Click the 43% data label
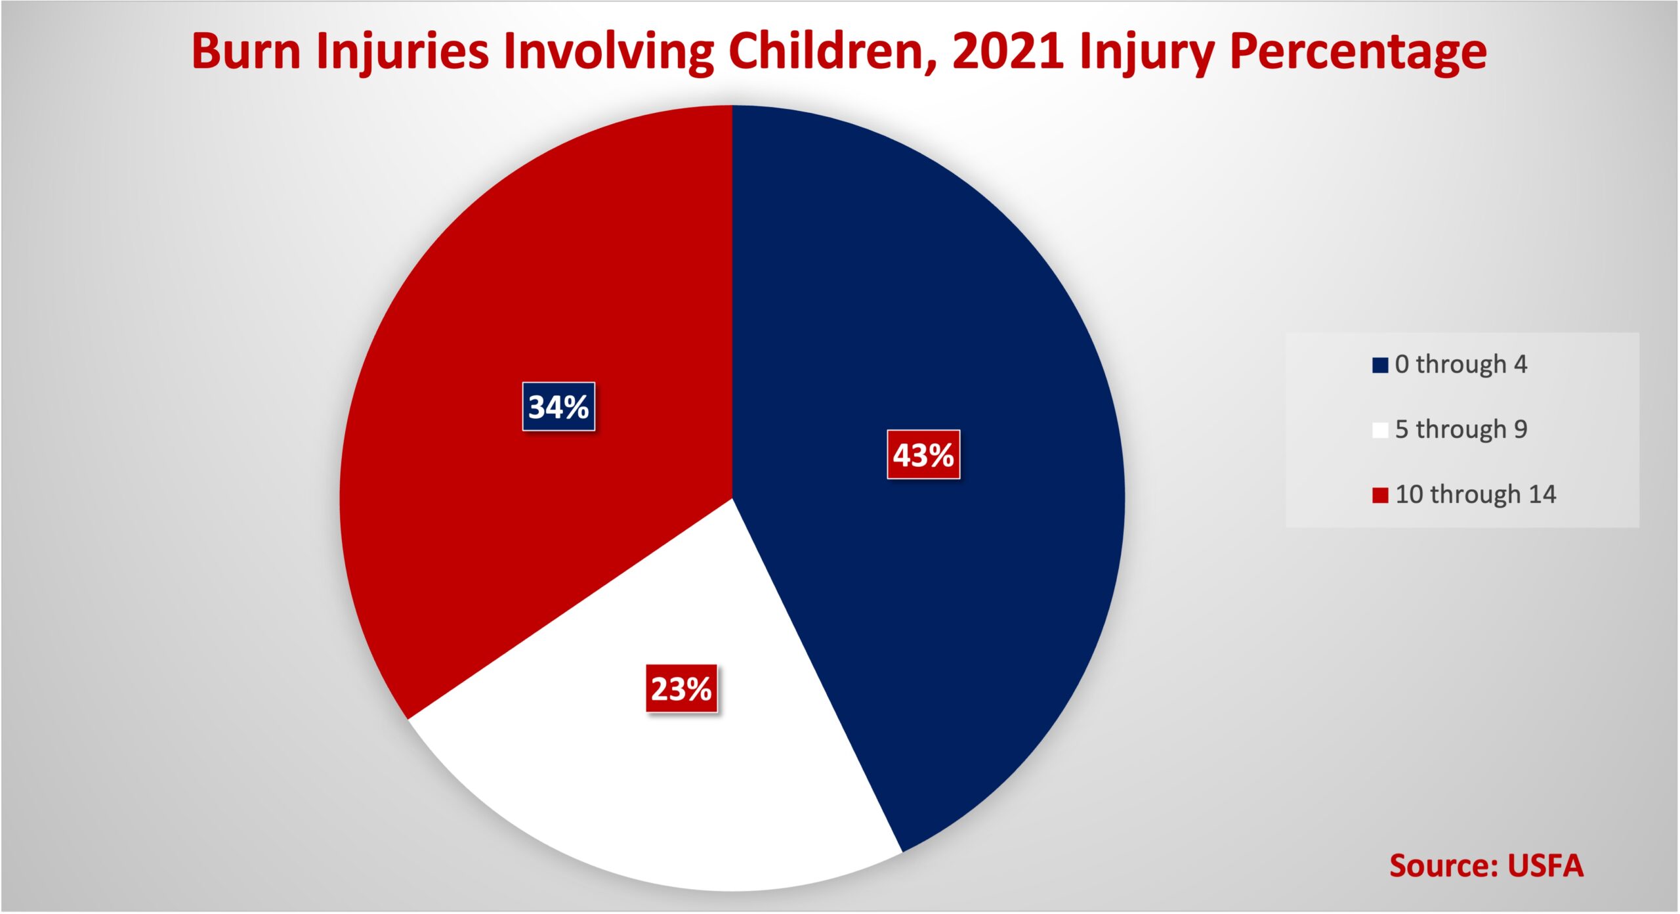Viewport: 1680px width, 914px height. click(923, 454)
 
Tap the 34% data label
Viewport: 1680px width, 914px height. click(558, 406)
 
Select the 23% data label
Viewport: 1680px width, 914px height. click(681, 689)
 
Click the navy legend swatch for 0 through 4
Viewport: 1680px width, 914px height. click(1380, 365)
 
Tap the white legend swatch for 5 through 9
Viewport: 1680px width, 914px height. click(1380, 430)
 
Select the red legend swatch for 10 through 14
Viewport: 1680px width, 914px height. click(1380, 495)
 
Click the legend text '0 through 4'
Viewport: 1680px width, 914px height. click(1461, 364)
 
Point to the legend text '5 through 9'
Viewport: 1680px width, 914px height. click(1461, 429)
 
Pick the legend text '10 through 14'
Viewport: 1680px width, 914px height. click(1476, 494)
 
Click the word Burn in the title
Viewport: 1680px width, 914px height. click(246, 51)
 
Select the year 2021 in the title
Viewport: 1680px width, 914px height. click(1008, 51)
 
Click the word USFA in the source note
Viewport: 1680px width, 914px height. click(1545, 866)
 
